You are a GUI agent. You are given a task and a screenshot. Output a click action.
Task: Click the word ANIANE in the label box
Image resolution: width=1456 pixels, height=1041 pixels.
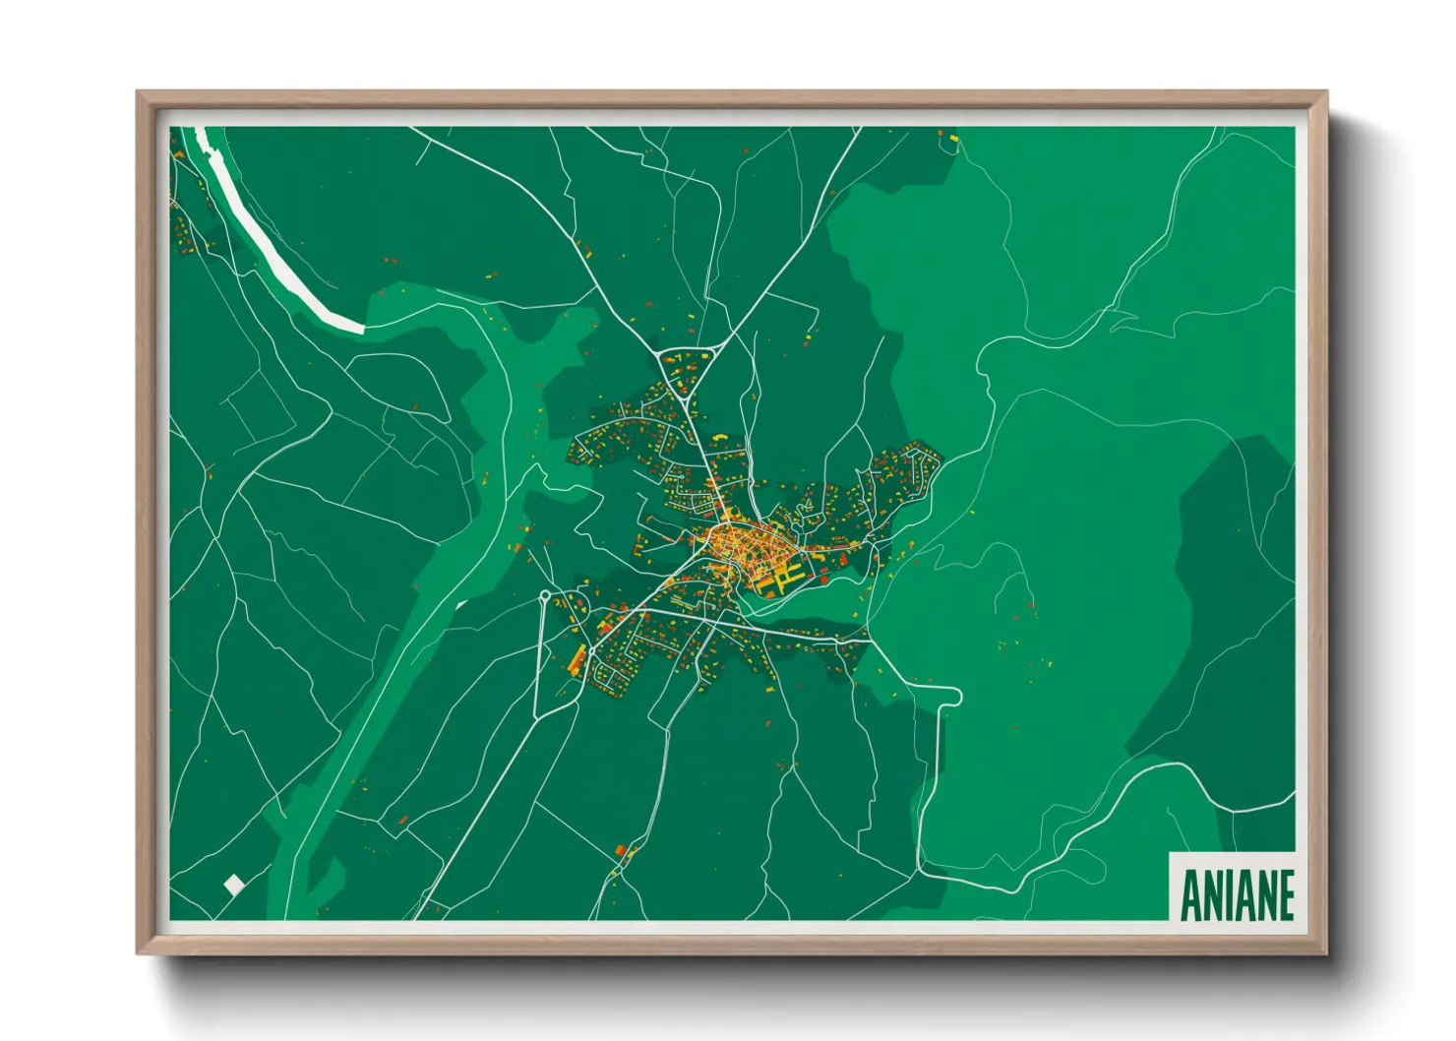[1236, 894]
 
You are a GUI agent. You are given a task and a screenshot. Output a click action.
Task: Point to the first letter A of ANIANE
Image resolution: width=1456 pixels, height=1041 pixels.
[1188, 894]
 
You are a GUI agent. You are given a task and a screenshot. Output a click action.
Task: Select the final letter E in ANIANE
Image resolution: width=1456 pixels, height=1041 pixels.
[1285, 894]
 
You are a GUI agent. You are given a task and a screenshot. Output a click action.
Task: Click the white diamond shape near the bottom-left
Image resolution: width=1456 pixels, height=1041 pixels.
[233, 885]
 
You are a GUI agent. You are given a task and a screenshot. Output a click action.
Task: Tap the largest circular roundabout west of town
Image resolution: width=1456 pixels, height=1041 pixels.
[544, 595]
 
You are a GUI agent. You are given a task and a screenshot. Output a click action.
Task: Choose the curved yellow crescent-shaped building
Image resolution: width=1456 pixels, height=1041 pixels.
[719, 436]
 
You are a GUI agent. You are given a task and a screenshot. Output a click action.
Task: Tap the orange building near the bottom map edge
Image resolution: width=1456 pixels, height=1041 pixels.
[620, 850]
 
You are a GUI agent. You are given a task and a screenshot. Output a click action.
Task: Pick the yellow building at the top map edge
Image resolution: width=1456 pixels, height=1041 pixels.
[952, 139]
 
